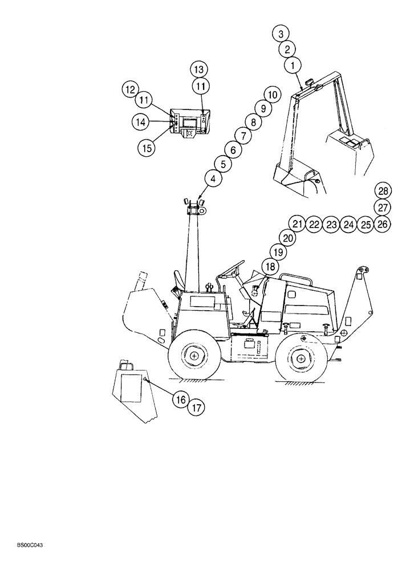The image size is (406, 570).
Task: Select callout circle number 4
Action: click(x=213, y=179)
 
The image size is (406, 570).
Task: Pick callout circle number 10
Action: click(x=271, y=93)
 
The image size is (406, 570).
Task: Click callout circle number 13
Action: click(x=198, y=70)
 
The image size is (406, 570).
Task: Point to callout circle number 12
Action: click(x=129, y=89)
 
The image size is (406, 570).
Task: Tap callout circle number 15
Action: click(x=147, y=148)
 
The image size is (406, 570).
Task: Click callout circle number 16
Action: click(x=180, y=400)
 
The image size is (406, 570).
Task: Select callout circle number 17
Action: click(x=196, y=408)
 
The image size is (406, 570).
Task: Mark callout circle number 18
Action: click(x=269, y=266)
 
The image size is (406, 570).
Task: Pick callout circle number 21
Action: click(x=297, y=224)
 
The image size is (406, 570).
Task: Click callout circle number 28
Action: click(x=383, y=190)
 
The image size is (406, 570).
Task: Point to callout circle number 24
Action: click(x=348, y=224)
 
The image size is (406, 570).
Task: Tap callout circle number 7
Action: click(x=242, y=136)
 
